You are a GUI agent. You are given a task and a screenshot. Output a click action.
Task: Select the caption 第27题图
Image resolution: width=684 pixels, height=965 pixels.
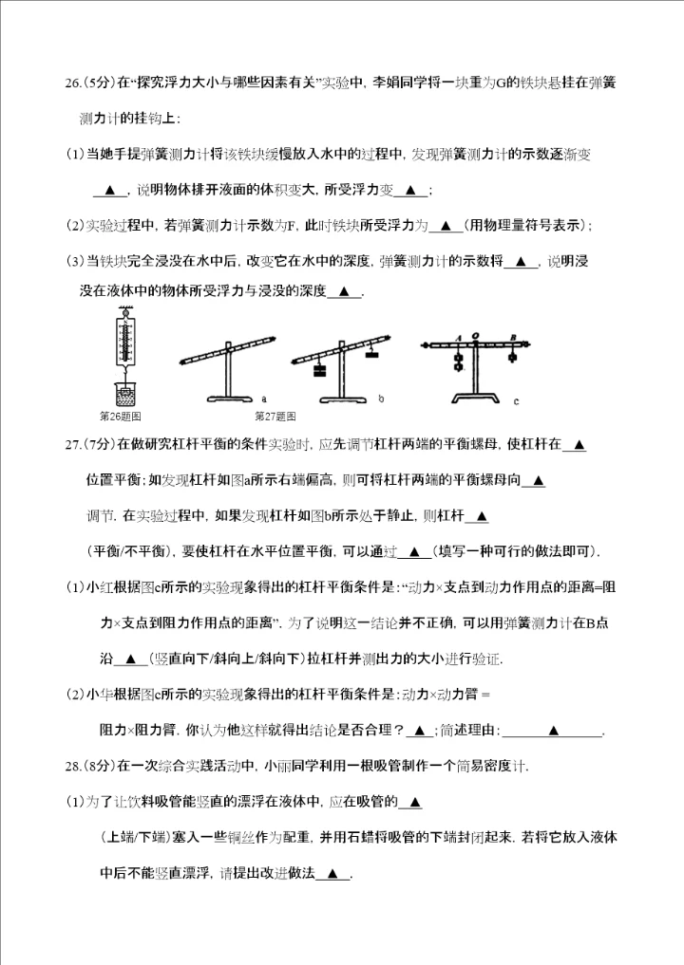(x=275, y=416)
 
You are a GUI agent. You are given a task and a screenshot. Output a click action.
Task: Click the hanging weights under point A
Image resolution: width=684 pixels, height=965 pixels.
(x=457, y=361)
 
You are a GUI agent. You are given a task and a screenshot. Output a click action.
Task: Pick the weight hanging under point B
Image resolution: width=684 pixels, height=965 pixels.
(x=513, y=357)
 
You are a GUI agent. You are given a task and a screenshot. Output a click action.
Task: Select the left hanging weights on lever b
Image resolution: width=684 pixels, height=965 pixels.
(x=319, y=371)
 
